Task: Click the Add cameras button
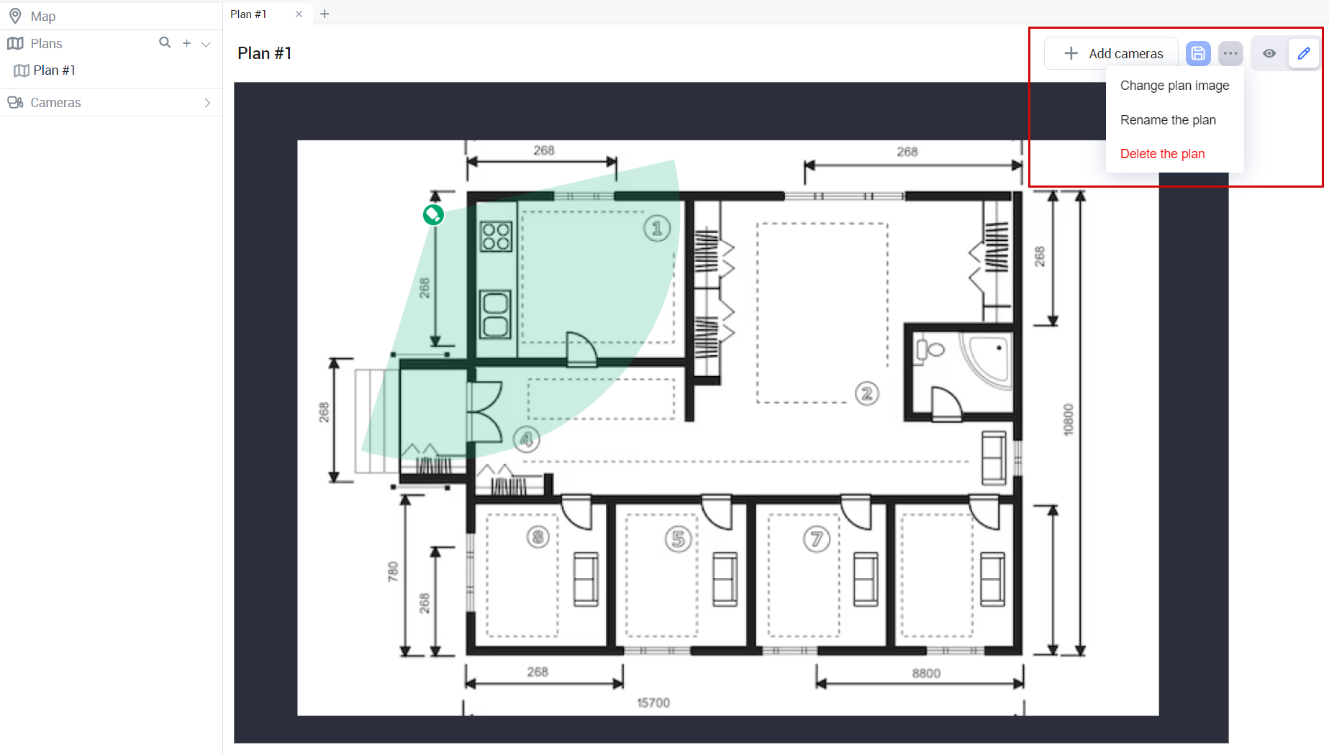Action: pos(1111,53)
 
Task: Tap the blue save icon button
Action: pos(1198,53)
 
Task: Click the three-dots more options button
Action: pos(1230,53)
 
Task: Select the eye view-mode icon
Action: pos(1269,53)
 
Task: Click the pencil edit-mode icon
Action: pos(1304,53)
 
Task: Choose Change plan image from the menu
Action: pos(1174,86)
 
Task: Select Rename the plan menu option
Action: pos(1168,120)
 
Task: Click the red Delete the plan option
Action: pos(1162,154)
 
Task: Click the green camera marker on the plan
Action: pos(433,214)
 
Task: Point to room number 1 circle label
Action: pos(657,229)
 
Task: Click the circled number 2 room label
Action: pos(867,393)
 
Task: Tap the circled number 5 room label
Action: pos(679,539)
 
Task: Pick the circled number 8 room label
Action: pos(538,536)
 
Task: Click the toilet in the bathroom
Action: pos(929,350)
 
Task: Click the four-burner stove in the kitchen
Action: pos(496,236)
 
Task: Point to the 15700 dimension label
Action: pos(653,703)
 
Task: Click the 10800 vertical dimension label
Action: pos(1068,419)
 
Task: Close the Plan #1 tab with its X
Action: pos(299,14)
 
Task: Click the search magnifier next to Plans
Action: pos(165,42)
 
